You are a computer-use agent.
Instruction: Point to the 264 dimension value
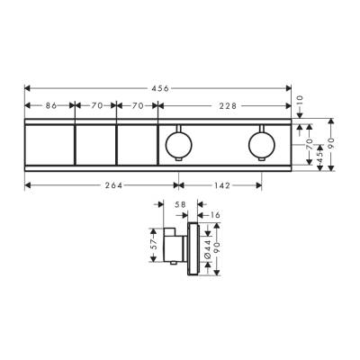(x=100, y=185)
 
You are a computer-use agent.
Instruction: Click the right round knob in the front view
(x=262, y=143)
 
